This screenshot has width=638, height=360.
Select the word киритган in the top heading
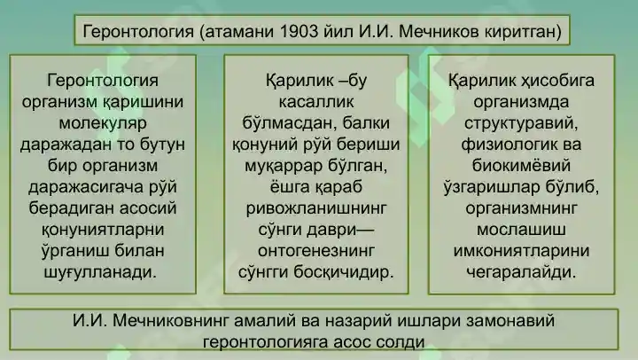click(x=523, y=31)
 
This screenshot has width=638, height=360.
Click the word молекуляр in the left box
click(x=103, y=123)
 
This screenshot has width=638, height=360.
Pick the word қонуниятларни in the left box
click(x=103, y=230)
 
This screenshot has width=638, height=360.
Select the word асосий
click(x=149, y=208)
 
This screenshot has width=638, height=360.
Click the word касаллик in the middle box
click(x=316, y=102)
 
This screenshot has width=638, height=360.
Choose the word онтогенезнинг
click(x=316, y=251)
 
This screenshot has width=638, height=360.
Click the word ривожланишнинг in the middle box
click(x=316, y=208)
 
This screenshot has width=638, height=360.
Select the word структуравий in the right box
click(x=521, y=123)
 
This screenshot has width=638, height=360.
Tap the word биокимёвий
click(x=521, y=166)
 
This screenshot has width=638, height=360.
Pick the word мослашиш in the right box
click(x=521, y=230)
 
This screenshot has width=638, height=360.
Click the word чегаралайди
click(x=521, y=272)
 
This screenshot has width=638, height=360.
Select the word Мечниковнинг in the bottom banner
click(x=168, y=321)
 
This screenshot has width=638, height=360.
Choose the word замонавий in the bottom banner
click(x=510, y=321)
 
